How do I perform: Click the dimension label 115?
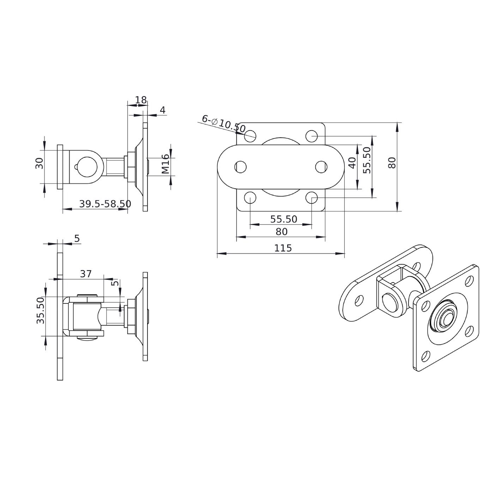283,248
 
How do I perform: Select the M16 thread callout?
165,164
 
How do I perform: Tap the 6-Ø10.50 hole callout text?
224,124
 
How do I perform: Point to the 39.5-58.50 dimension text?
105,204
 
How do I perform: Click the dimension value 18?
141,100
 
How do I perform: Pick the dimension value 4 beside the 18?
163,110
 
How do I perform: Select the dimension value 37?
86,274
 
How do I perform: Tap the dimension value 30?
39,163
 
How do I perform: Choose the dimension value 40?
353,163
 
